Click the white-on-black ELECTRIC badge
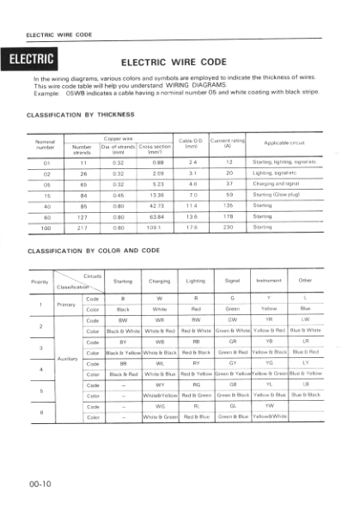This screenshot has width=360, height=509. point(34,59)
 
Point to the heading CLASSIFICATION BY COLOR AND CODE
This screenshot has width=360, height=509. point(95,251)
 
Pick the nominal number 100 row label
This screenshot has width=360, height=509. point(47,227)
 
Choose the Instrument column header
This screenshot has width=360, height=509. point(268,281)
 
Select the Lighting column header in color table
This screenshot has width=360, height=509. point(195,281)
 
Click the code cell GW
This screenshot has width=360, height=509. point(232,319)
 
